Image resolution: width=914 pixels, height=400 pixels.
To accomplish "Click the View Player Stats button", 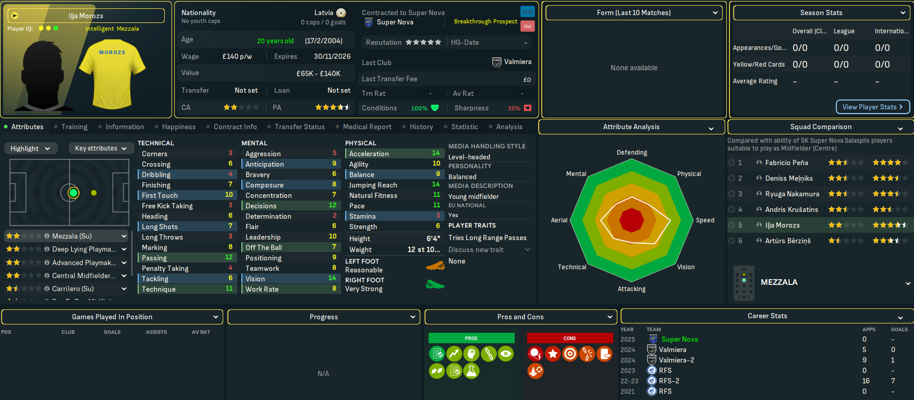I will click(x=873, y=107).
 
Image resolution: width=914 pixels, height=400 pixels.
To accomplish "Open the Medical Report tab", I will click(x=367, y=127).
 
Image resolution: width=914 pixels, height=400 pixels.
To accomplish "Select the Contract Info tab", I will click(x=235, y=127).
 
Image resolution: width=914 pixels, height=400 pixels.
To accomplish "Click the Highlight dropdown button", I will click(x=30, y=148).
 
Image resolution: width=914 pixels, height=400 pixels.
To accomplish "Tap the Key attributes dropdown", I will click(x=101, y=148).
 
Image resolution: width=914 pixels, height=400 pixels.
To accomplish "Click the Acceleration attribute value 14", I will click(x=436, y=153).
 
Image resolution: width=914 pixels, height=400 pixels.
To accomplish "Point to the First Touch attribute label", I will click(x=160, y=195).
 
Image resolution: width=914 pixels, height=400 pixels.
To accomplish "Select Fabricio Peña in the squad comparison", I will click(x=786, y=162).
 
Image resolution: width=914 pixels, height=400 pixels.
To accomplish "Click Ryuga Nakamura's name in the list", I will click(x=792, y=194).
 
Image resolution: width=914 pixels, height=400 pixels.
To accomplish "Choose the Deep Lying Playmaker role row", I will click(x=83, y=249).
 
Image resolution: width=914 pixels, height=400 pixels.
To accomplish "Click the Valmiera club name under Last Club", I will click(x=517, y=62).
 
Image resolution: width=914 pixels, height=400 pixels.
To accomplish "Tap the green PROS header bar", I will click(x=471, y=338).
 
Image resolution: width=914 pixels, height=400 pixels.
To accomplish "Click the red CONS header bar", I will click(x=569, y=338).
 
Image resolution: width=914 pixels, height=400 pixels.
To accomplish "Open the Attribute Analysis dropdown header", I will click(x=631, y=127).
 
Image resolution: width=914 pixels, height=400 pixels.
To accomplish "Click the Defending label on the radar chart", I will click(x=631, y=153).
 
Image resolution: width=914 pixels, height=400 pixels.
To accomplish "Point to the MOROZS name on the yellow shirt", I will click(x=112, y=53).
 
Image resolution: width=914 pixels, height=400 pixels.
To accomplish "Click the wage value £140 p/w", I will click(x=237, y=56).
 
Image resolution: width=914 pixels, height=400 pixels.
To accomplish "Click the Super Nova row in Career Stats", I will click(x=679, y=339).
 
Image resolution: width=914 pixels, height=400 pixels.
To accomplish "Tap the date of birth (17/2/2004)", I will click(x=323, y=41).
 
